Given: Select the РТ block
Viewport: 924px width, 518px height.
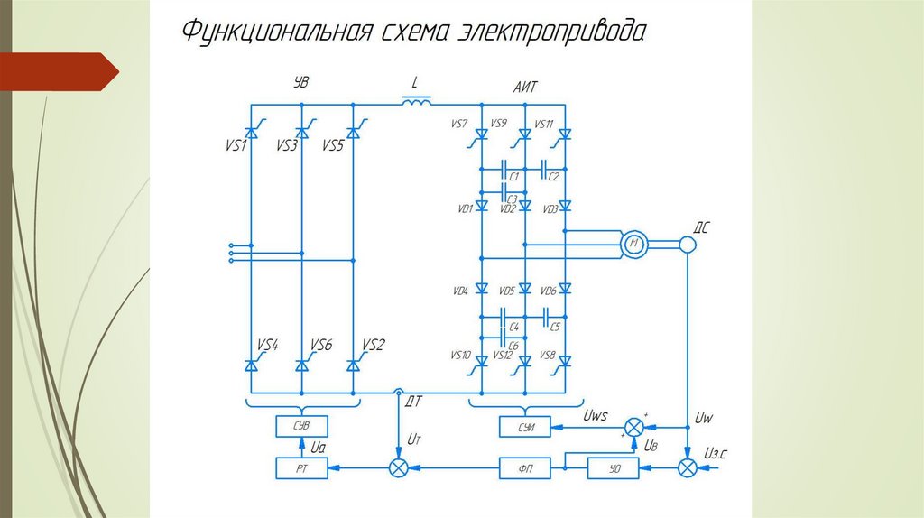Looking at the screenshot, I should click(302, 467).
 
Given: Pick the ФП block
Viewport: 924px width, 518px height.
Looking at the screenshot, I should click(524, 467).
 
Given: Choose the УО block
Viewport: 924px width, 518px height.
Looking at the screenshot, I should click(614, 467).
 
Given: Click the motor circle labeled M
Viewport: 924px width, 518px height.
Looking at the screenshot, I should click(635, 243).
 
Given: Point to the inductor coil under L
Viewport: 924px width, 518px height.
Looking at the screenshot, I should click(416, 102).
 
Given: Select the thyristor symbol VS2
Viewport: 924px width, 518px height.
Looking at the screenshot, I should click(354, 365).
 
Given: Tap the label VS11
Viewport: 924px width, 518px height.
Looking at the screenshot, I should click(544, 124).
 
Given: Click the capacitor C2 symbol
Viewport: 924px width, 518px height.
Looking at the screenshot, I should click(547, 167).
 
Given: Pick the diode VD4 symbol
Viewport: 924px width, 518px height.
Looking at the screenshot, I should click(481, 290).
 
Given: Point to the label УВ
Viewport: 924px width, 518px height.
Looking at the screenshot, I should click(301, 82).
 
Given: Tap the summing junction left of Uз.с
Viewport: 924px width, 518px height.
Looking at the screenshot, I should click(688, 467).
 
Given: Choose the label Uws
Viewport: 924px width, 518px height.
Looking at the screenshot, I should click(596, 415).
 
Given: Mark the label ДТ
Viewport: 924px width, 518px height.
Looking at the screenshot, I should click(415, 399).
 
